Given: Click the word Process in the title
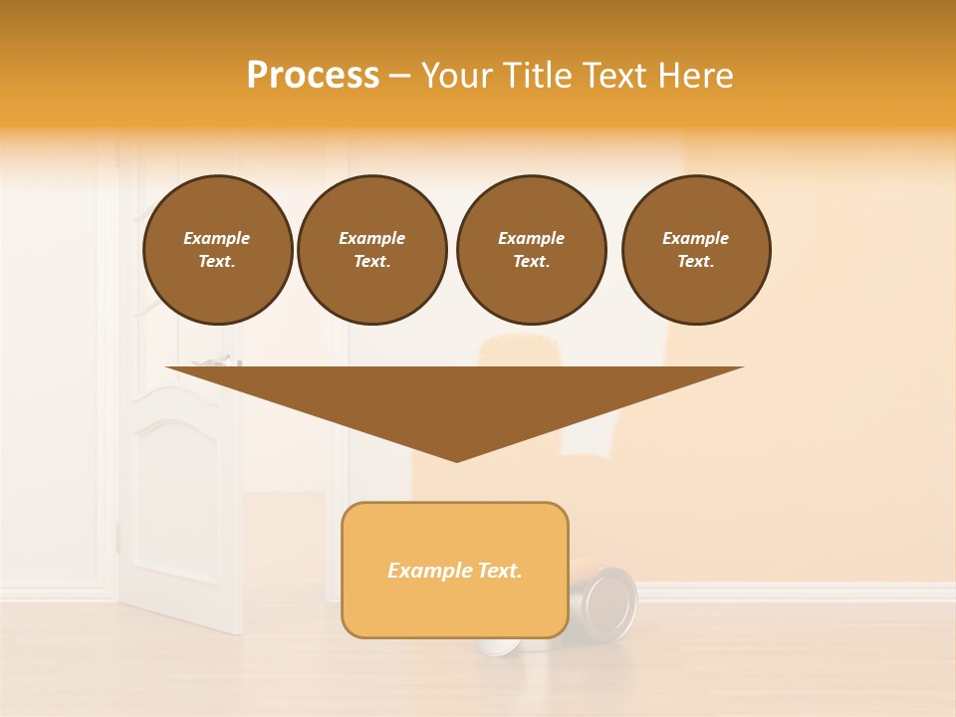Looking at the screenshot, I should [313, 76].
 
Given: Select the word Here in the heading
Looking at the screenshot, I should [694, 76].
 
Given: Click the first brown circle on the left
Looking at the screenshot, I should [217, 250].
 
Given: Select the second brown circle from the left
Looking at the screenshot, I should [371, 250].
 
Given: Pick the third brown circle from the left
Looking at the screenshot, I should [531, 250].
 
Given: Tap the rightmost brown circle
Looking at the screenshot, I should [696, 250].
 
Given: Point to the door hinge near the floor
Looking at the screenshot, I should [118, 538].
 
